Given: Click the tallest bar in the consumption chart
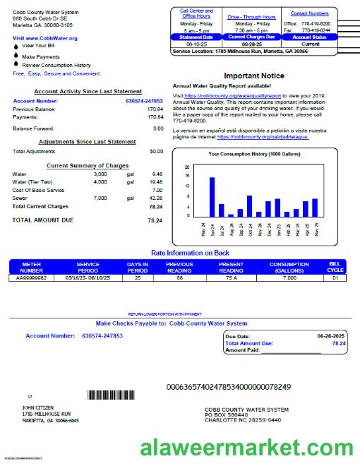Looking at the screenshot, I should pos(212,196).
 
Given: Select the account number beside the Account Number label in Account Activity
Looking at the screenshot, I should pos(145,101).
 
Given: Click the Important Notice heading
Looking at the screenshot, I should pos(254,76).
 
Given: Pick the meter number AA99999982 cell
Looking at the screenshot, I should pos(31,278).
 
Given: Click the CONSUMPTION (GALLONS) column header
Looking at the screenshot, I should pos(289,268).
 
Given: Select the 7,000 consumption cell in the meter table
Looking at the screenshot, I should pos(289,278).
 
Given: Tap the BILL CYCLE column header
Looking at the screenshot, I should pos(336,268).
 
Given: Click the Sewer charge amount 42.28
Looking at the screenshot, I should pos(156,198).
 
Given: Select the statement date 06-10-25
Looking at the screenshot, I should pos(196,44).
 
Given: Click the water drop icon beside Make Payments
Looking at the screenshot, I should pos(16,56).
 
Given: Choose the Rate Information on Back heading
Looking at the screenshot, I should pos(190,253).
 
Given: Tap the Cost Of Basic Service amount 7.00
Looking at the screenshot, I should pos(157,190).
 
